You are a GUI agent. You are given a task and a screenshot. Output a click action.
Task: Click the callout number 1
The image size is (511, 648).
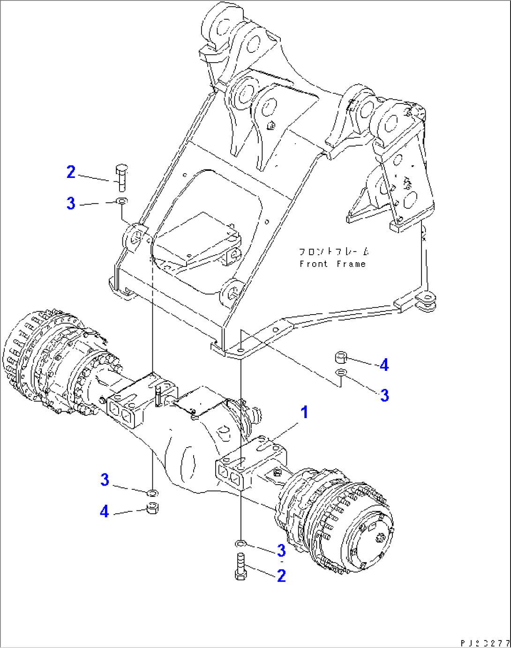tap(304, 412)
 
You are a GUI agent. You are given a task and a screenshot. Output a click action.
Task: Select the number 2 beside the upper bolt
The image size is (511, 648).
tap(71, 172)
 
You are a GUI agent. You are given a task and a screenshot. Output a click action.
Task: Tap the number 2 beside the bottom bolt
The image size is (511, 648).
tap(281, 575)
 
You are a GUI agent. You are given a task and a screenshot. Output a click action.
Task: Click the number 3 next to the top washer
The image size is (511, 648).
tap(71, 203)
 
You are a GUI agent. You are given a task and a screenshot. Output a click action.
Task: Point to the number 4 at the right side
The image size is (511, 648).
tap(384, 365)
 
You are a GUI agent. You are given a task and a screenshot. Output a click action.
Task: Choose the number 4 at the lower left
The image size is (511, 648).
tap(104, 511)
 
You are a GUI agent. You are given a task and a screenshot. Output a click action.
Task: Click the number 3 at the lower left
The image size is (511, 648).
tap(105, 479)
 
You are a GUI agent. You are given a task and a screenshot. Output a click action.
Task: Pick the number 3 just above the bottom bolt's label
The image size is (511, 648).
tap(281, 550)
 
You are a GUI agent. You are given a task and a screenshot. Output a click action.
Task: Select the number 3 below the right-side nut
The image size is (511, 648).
tap(384, 395)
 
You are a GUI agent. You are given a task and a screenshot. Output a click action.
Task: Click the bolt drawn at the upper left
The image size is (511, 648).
tap(121, 177)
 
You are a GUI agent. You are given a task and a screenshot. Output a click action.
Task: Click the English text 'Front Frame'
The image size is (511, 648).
tap(332, 264)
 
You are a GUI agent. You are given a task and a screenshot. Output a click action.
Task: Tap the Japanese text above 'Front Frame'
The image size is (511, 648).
tap(334, 252)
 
